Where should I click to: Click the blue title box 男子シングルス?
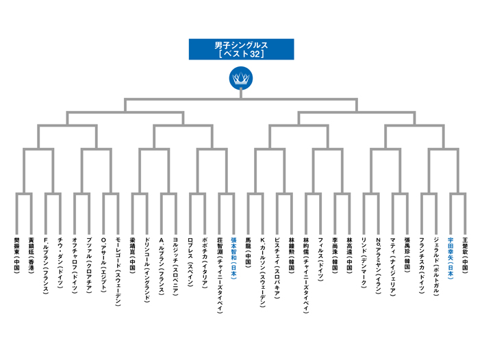click(241, 49)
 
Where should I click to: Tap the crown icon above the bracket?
click(241, 78)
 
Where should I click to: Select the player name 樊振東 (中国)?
click(16, 255)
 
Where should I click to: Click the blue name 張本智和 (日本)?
click(233, 258)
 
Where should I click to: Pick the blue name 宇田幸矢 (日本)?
click(451, 258)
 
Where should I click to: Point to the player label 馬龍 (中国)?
click(248, 252)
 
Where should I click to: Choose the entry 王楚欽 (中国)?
click(465, 255)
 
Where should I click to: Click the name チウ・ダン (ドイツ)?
click(60, 263)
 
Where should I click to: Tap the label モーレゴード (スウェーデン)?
click(118, 272)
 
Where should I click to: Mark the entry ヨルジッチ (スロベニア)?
click(176, 266)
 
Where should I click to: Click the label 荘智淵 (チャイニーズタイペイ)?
click(219, 275)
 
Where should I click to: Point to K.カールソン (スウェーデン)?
click(262, 272)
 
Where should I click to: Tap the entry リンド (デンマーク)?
click(364, 263)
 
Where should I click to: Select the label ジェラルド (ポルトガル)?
click(436, 266)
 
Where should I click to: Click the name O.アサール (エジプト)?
click(103, 265)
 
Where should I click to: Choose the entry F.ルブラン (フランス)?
click(45, 266)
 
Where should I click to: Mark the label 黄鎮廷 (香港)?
click(31, 255)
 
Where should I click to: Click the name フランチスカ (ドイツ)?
click(422, 266)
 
